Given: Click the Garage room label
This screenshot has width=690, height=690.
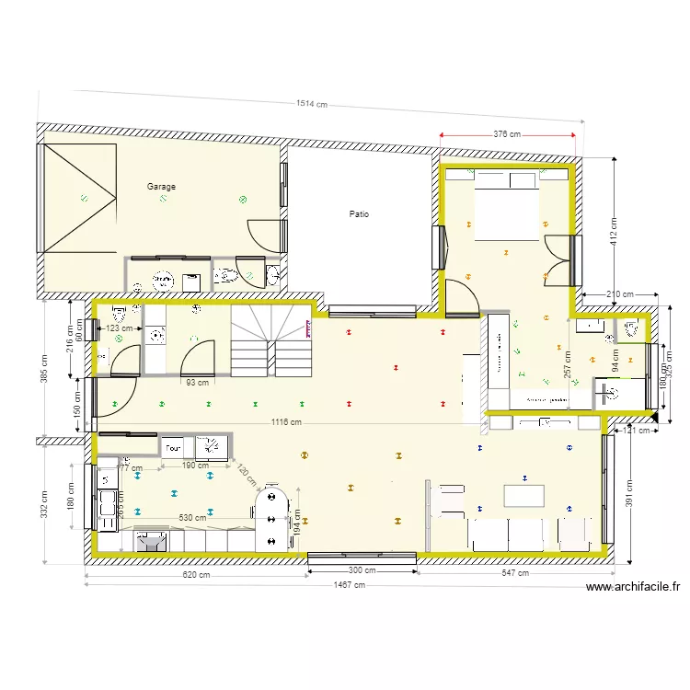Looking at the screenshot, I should [161, 187].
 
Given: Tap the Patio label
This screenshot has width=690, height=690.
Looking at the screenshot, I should [359, 214].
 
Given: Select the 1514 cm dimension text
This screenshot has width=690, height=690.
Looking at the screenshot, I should [312, 104].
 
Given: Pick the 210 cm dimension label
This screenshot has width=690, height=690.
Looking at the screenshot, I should [621, 295].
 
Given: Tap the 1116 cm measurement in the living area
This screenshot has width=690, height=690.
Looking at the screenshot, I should [286, 421].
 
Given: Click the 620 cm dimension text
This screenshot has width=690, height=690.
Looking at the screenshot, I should [196, 575].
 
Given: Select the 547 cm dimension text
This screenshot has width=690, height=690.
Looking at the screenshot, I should [515, 573].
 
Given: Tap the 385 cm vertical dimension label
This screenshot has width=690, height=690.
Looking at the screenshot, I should [43, 373].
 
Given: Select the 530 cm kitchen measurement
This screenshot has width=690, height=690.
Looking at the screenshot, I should [192, 518].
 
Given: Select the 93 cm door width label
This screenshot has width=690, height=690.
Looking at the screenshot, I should [196, 383].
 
